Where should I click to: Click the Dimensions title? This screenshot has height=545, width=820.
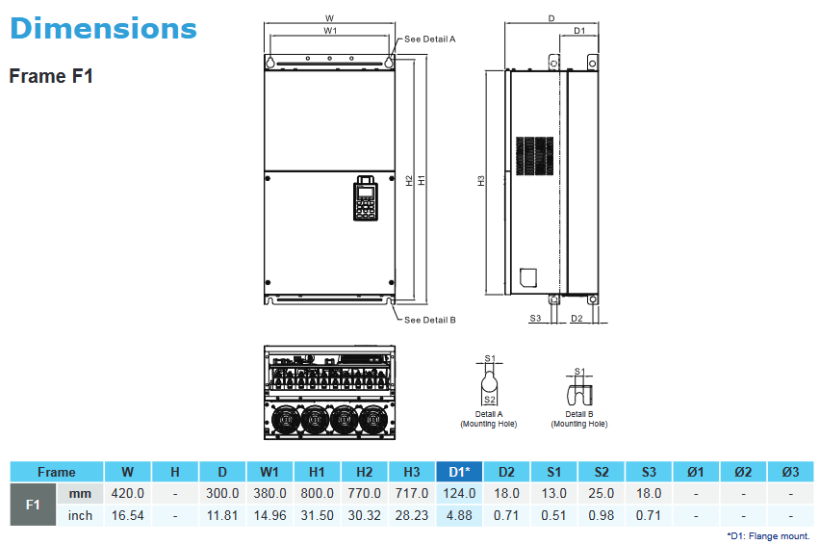(103, 28)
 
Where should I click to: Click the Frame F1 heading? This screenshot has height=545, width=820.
(51, 76)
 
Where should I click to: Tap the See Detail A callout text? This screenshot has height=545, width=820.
(429, 39)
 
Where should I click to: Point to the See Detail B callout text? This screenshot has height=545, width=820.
(429, 320)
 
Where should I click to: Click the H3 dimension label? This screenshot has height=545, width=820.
(481, 181)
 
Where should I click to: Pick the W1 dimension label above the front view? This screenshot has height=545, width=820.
(329, 31)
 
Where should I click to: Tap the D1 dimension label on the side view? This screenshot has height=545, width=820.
(579, 31)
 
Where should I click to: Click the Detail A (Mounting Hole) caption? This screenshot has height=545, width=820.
(489, 419)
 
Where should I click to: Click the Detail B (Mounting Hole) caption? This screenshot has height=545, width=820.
(578, 419)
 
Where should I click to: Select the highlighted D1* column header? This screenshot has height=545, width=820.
(459, 472)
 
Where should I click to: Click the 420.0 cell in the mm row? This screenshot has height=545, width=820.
(128, 493)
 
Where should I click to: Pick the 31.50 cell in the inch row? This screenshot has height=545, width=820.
(316, 515)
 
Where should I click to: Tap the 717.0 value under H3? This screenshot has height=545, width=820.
(412, 493)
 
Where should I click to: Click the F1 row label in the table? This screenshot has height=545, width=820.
(33, 505)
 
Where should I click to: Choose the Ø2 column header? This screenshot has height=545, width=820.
(742, 472)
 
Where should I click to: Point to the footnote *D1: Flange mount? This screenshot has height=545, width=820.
(768, 535)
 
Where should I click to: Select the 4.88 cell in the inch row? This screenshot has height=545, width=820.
(459, 515)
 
